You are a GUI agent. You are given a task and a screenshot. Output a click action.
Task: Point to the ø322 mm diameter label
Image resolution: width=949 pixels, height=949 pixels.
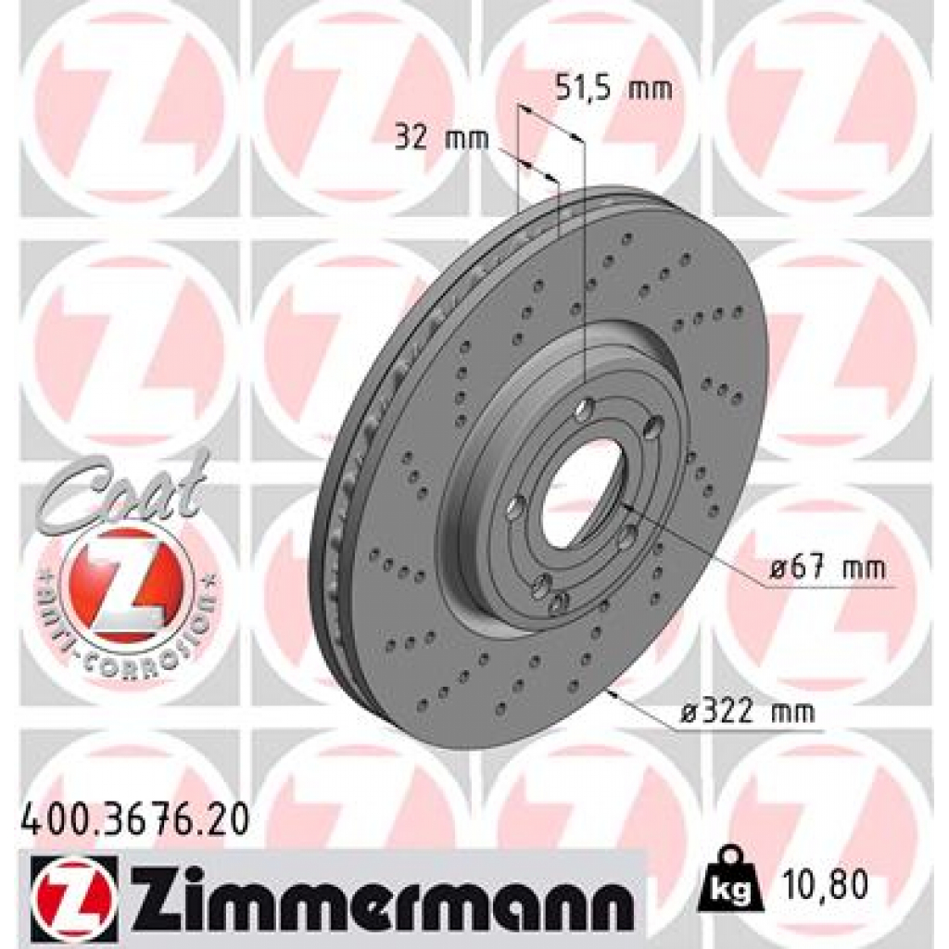tap(748, 712)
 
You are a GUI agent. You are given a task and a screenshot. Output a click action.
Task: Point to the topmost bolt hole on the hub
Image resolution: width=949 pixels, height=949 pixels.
tap(584, 410)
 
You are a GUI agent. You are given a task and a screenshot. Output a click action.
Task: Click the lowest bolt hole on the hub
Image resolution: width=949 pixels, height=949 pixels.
tap(556, 603)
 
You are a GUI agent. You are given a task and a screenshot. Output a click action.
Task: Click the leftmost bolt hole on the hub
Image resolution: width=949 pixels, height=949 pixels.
tap(516, 506)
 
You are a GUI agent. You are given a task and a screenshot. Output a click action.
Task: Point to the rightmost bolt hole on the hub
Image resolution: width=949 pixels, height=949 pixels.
tap(654, 425)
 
